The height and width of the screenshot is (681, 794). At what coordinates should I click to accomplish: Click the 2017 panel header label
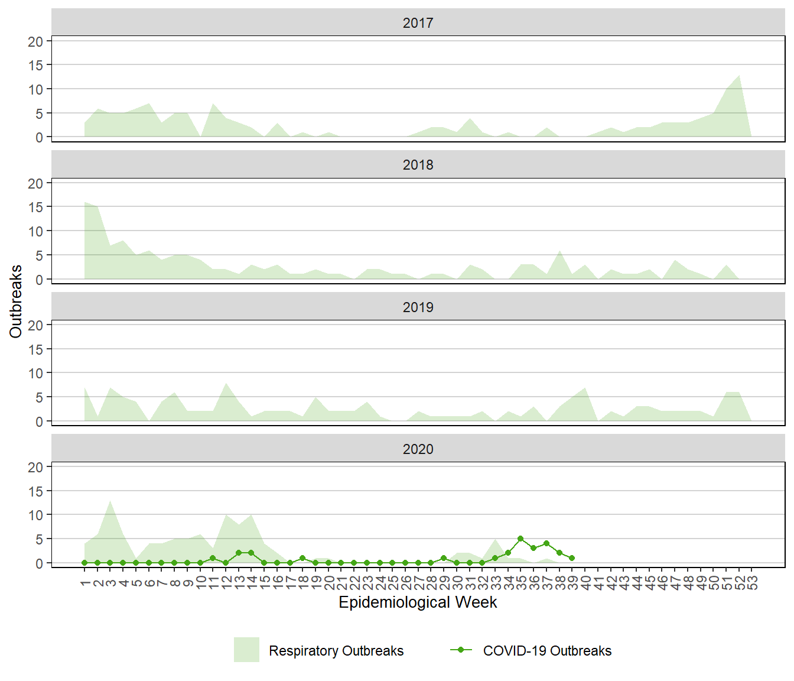click(x=418, y=23)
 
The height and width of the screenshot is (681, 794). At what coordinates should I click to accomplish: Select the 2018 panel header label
click(x=418, y=165)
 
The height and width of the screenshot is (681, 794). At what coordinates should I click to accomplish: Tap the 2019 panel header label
click(x=418, y=307)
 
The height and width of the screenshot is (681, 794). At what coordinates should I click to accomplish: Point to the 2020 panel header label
click(x=418, y=449)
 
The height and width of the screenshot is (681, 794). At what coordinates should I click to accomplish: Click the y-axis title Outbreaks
click(x=16, y=301)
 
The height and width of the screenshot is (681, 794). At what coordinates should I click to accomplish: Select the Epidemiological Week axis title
click(x=418, y=602)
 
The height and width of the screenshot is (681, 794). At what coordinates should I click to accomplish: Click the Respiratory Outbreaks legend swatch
click(x=246, y=650)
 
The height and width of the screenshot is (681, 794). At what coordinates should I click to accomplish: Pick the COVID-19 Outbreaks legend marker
click(x=461, y=650)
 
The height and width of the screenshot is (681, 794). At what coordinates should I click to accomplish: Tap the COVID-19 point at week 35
click(x=520, y=539)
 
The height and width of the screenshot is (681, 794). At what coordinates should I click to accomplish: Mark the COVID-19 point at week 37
click(x=546, y=544)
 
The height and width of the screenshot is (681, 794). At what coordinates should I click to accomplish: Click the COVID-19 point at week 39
click(x=572, y=558)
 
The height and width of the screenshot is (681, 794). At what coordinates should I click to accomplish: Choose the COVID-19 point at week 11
click(x=213, y=558)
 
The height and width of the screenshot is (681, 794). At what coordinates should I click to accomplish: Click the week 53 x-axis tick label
click(x=752, y=583)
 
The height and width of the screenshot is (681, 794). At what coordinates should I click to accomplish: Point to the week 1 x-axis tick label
click(x=85, y=583)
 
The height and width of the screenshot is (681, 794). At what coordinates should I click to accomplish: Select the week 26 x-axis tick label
click(x=405, y=583)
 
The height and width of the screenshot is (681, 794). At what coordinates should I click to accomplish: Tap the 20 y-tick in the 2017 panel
click(x=35, y=41)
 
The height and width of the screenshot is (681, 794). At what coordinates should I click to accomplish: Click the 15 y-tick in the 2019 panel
click(x=35, y=349)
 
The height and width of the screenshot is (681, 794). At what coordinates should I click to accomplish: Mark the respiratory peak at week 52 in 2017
click(x=739, y=75)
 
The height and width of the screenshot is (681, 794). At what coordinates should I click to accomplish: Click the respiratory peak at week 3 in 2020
click(x=110, y=501)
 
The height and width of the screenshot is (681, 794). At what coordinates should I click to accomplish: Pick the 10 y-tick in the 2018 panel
click(x=35, y=231)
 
